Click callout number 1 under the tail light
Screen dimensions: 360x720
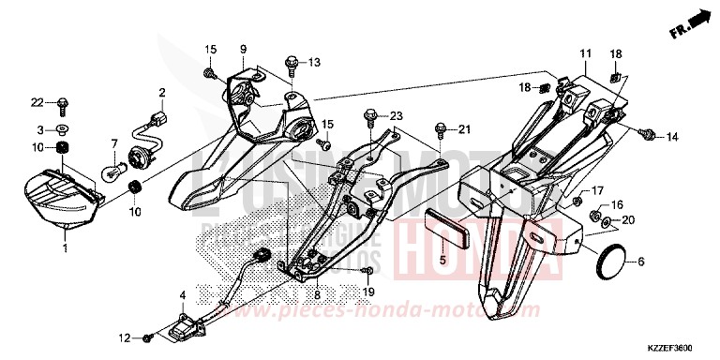(x=65, y=248)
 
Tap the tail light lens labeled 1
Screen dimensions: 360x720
(x=61, y=198)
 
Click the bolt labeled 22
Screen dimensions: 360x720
(x=63, y=103)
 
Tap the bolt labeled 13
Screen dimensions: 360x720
(x=292, y=63)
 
